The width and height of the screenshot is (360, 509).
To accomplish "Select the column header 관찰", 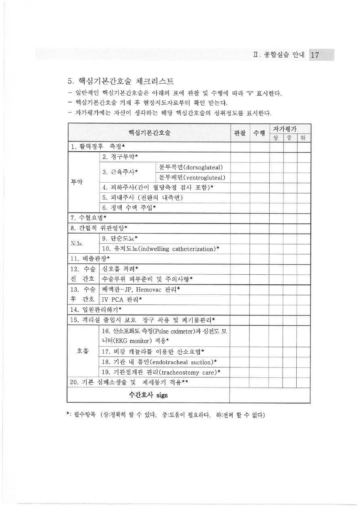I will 239,133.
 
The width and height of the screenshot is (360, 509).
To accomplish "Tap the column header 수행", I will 259,133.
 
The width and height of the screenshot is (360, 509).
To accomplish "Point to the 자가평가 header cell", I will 290,129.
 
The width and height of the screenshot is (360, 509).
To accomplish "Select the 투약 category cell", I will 83,181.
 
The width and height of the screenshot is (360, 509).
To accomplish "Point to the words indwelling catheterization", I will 175,249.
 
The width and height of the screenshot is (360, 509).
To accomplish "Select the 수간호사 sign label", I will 148,395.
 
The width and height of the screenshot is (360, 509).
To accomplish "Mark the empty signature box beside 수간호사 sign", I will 269,395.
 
